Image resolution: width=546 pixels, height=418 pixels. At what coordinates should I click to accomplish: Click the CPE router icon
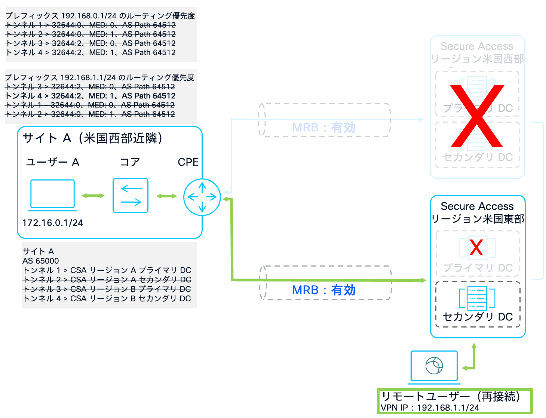202,197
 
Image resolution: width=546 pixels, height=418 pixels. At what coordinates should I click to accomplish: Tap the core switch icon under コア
131,196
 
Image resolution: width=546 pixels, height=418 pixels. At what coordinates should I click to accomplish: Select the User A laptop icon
52,195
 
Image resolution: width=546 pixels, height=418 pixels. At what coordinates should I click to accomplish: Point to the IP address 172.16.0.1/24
52,223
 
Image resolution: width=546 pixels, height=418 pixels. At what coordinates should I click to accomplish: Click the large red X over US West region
477,116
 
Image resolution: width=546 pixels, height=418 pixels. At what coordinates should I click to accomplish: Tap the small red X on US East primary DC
476,247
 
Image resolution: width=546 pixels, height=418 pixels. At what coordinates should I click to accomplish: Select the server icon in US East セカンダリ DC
477,298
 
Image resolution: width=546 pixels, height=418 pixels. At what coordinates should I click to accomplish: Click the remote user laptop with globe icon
434,366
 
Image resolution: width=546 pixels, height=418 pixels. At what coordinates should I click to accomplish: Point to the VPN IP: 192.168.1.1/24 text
430,408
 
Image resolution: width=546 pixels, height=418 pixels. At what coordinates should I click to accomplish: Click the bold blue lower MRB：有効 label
323,290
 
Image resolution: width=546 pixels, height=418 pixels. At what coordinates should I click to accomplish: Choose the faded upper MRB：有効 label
323,127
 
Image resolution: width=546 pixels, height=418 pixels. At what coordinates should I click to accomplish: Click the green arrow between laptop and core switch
93,196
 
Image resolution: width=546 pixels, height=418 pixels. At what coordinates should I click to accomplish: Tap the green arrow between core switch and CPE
166,196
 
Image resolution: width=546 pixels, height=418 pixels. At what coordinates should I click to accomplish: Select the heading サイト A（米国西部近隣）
92,138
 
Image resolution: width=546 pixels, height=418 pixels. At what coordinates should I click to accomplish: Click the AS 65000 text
40,261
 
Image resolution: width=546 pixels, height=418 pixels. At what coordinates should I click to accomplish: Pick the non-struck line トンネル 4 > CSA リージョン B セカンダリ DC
107,298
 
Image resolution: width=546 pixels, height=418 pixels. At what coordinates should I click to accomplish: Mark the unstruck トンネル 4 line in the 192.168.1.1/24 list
90,96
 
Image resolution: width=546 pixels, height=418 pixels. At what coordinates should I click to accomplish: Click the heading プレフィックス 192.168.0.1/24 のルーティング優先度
100,16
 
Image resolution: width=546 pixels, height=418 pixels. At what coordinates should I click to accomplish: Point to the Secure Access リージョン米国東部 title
477,212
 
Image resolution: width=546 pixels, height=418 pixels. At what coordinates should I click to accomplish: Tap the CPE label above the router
188,162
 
